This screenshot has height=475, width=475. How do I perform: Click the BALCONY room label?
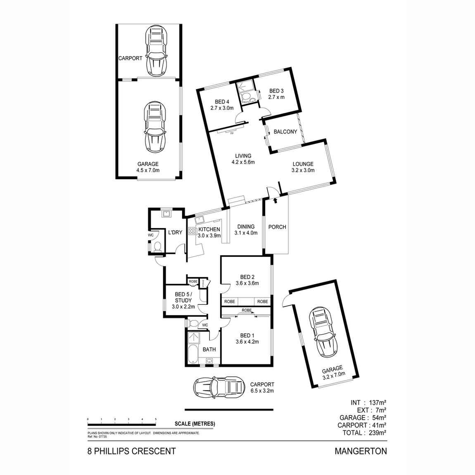click(x=285, y=132)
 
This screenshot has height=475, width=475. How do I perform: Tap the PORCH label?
click(x=277, y=227)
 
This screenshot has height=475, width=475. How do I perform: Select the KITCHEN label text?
click(x=209, y=230)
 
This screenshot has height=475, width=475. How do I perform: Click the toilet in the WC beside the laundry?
click(x=157, y=247)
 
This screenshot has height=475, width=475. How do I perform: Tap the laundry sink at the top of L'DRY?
click(x=167, y=213)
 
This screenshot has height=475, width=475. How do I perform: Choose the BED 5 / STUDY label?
click(x=183, y=297)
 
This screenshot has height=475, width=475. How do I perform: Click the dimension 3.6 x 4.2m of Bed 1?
click(x=247, y=342)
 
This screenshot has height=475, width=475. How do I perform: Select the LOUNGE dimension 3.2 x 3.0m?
click(x=303, y=170)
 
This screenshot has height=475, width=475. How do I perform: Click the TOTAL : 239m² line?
click(x=364, y=433)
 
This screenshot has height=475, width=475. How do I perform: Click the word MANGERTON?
click(x=361, y=451)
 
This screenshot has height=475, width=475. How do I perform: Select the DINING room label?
click(x=246, y=226)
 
